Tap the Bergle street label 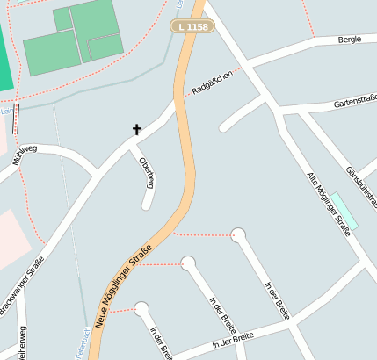click(x=350, y=40)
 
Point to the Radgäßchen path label click(x=212, y=81)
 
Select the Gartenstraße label click(x=354, y=104)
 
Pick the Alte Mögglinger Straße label click(x=327, y=203)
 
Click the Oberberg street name click(x=147, y=172)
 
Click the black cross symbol click(x=136, y=130)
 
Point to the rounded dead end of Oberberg click(x=148, y=206)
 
